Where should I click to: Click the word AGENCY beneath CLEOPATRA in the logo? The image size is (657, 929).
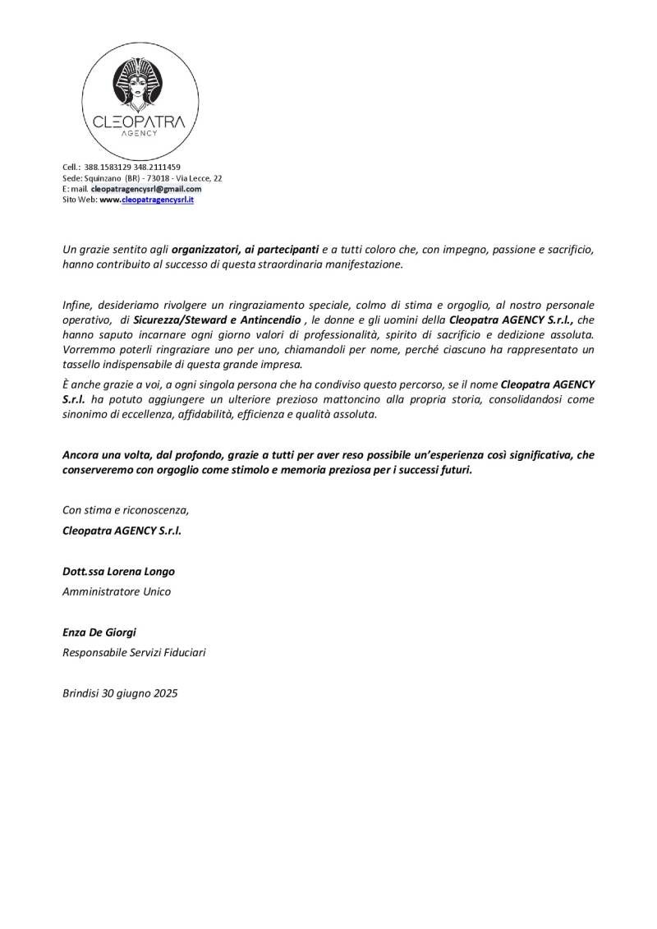pos(138,132)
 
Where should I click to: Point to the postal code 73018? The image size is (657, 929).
pos(167,177)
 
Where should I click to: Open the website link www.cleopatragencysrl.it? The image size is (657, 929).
pos(146,199)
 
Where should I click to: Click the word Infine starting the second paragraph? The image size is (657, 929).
pos(77,305)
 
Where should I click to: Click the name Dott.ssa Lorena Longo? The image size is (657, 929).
pos(118,571)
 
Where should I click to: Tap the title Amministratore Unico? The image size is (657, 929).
pos(117,591)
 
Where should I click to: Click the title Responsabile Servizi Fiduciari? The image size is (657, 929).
pos(134,653)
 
